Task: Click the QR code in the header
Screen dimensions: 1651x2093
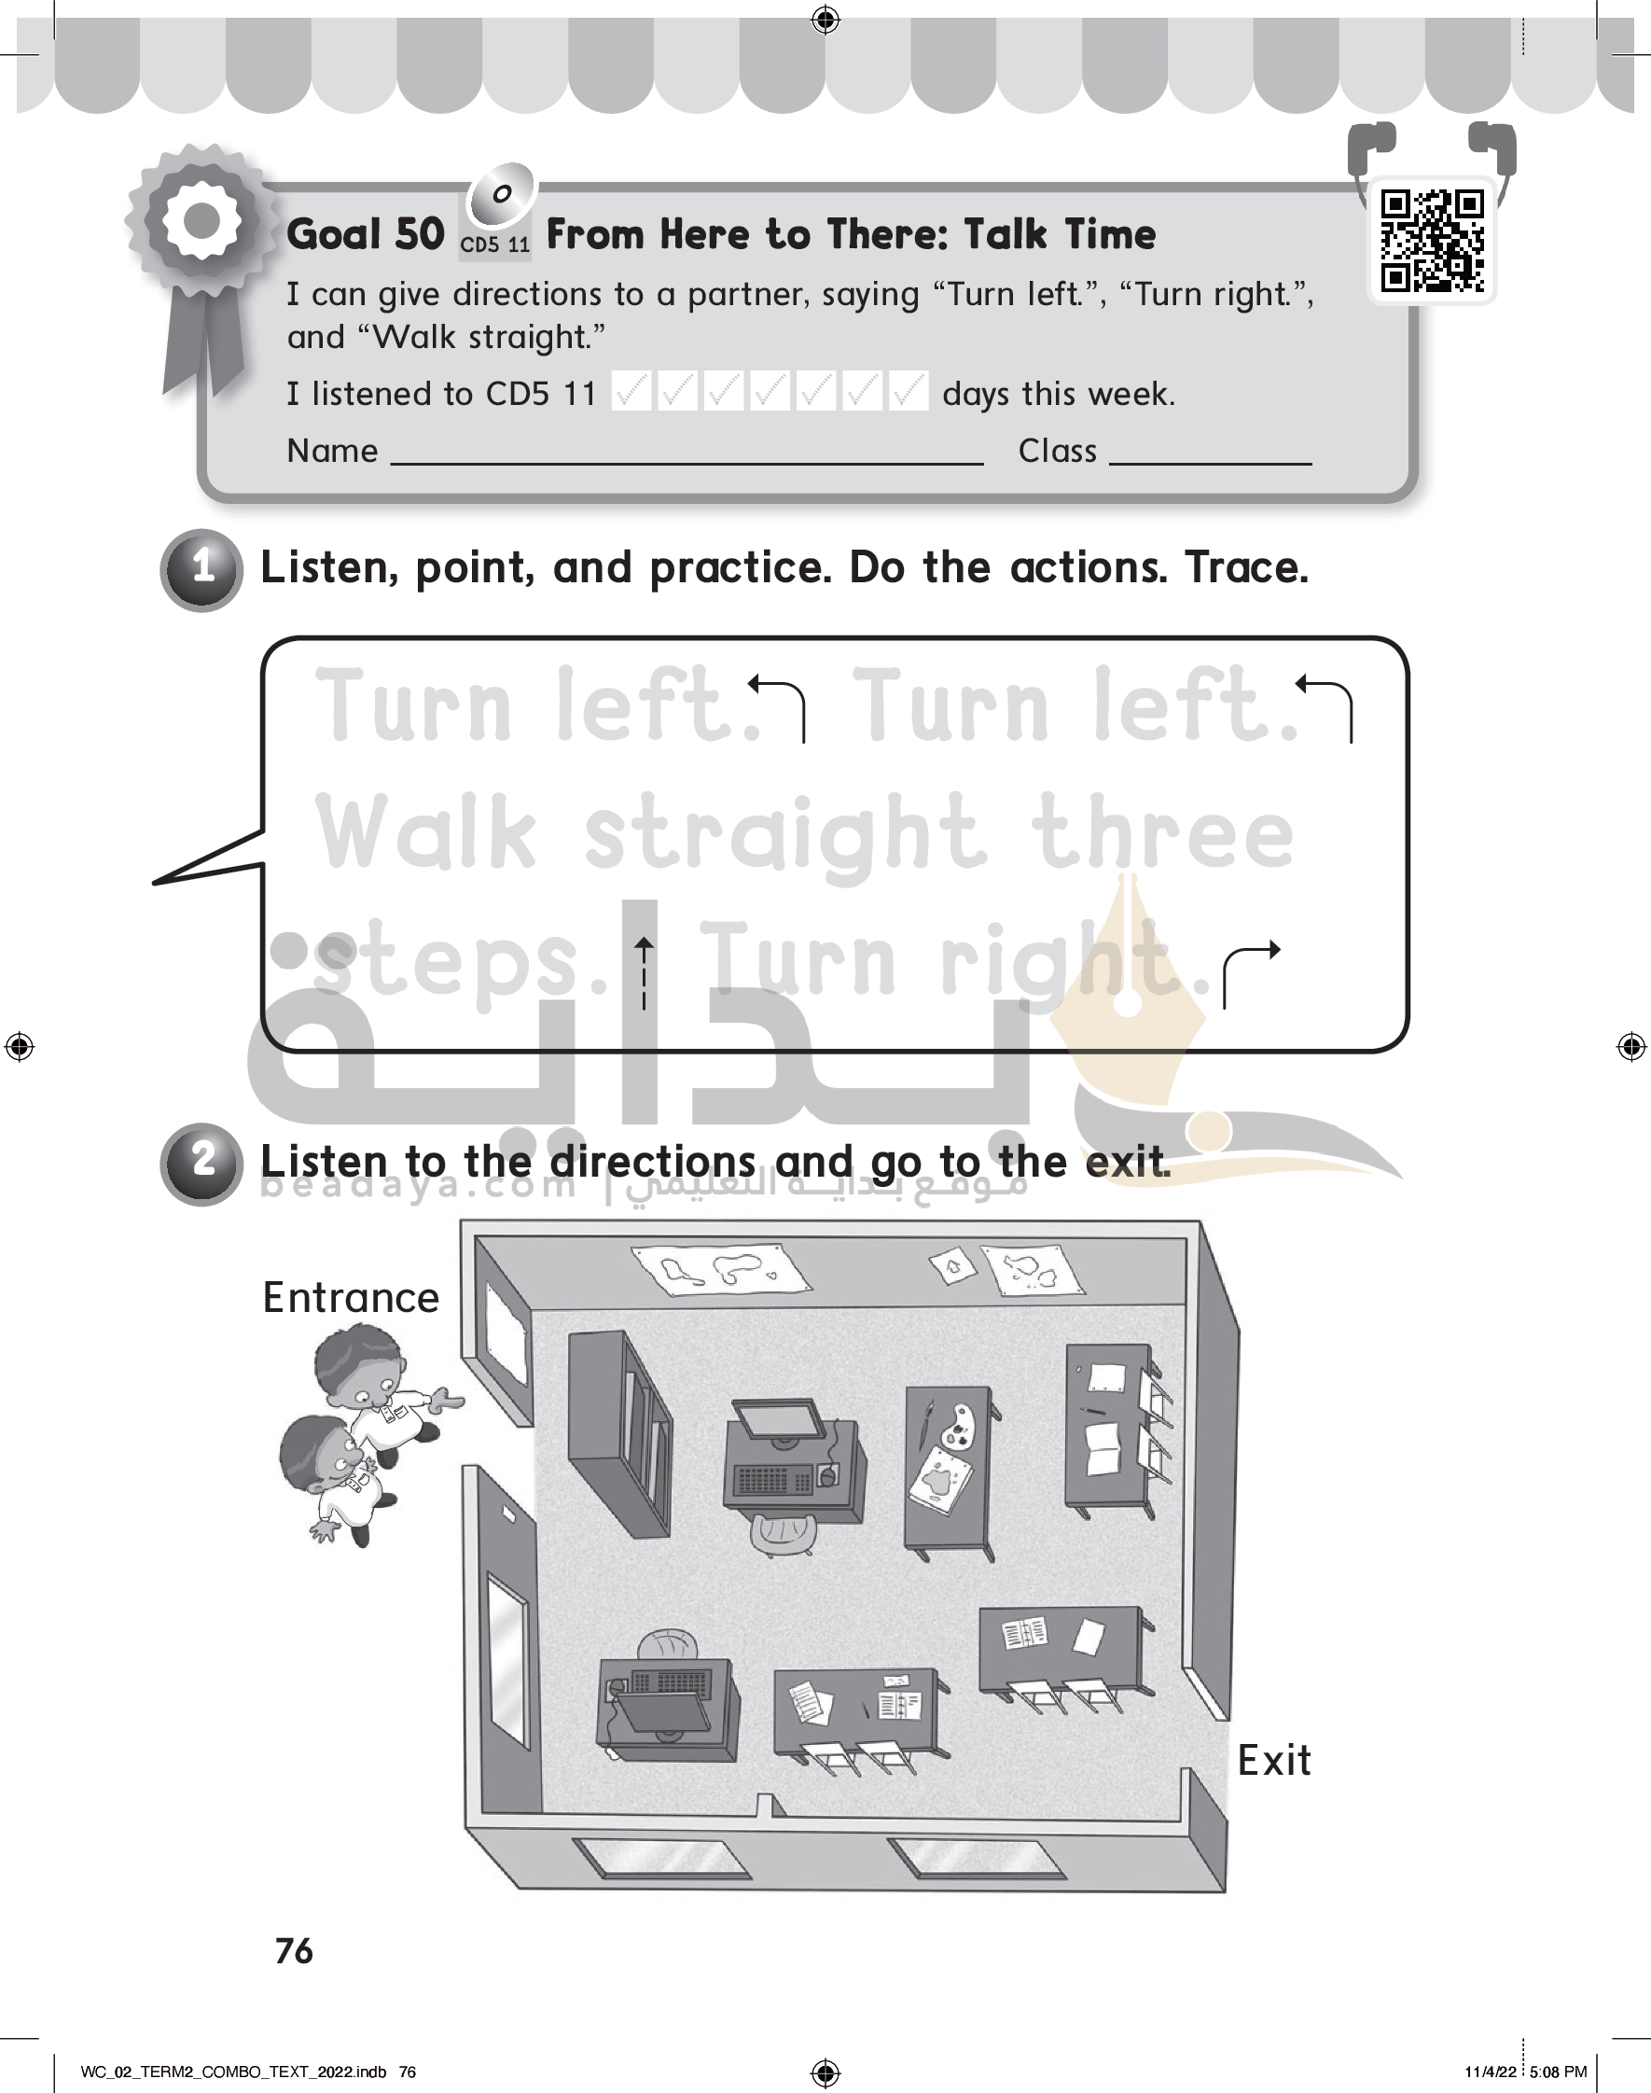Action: tap(1432, 241)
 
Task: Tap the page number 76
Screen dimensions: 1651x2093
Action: tap(294, 1951)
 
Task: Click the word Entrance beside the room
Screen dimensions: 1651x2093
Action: tap(351, 1297)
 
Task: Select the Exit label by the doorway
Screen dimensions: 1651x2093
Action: tap(1274, 1761)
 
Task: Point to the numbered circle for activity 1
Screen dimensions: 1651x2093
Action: tap(201, 569)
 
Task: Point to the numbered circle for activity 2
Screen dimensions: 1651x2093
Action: tap(201, 1163)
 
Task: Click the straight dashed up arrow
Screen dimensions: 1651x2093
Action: tap(644, 972)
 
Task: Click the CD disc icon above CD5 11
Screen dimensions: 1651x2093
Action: tap(501, 194)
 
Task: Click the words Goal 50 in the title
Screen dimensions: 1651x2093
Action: tap(366, 234)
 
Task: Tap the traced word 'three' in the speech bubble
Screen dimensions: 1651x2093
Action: tap(1161, 830)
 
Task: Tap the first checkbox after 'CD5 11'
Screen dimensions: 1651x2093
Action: tap(631, 391)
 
